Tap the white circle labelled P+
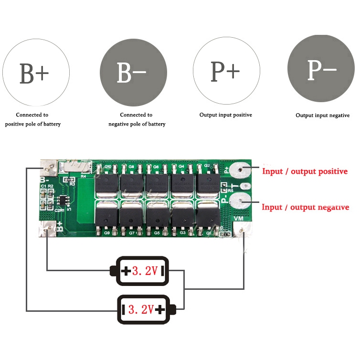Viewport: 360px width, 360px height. (225, 71)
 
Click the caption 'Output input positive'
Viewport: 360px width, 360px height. (225, 115)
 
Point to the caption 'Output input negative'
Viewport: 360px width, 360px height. (322, 116)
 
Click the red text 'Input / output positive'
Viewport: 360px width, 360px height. (305, 171)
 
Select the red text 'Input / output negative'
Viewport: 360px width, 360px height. (305, 207)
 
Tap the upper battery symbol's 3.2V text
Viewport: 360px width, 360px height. (145, 272)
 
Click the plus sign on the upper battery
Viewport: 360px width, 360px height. (126, 272)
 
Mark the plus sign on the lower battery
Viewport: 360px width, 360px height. (160, 309)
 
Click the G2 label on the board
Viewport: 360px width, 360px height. (207, 166)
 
